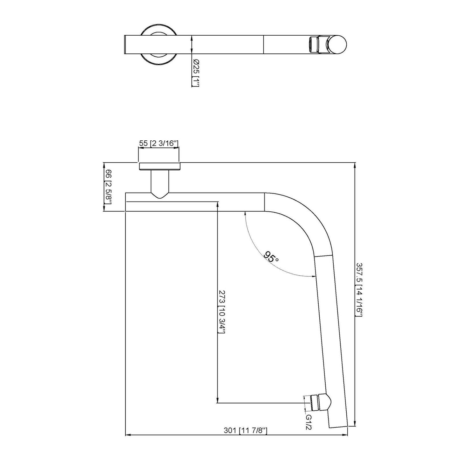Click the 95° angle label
tap(271, 256)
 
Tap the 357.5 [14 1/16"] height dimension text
tap(359, 290)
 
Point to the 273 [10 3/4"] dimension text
tap(222, 311)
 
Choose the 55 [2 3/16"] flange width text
tap(158, 143)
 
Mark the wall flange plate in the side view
tap(159, 166)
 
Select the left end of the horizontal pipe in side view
tap(126, 202)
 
